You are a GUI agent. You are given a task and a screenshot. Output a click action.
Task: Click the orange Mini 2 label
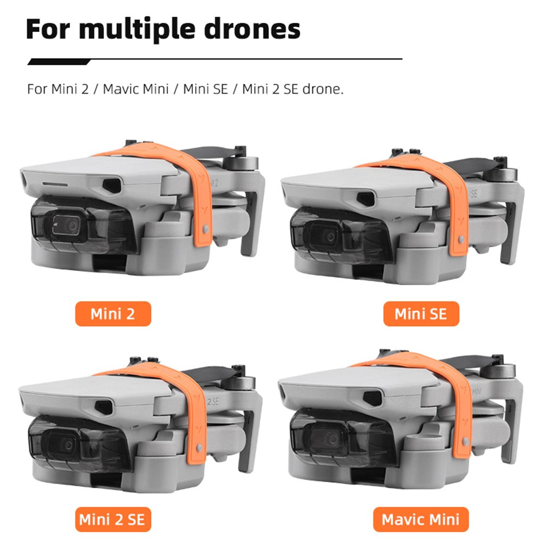point(113,314)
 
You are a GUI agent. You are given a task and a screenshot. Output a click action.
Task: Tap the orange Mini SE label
point(421,314)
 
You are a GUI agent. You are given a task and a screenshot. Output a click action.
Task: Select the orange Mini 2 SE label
point(113,519)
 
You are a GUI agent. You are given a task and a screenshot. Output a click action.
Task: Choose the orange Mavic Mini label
point(421,519)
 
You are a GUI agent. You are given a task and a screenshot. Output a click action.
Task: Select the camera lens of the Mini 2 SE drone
point(68,445)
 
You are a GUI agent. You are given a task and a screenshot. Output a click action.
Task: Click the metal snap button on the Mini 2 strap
point(205,229)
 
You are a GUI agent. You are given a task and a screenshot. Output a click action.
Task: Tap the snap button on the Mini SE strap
point(461,239)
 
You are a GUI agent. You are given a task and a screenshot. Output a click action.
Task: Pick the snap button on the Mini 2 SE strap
point(199,448)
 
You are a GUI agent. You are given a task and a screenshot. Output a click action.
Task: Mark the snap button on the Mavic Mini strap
point(466,441)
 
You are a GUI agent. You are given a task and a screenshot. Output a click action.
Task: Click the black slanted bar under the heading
point(59,62)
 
